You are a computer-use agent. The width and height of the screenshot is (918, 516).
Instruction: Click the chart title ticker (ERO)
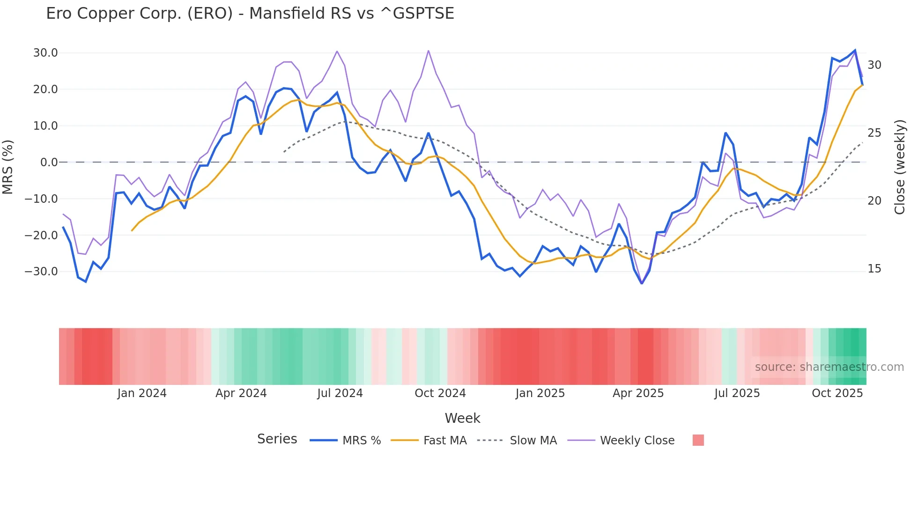pos(210,14)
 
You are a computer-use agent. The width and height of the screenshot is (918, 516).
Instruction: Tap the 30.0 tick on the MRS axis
pos(45,53)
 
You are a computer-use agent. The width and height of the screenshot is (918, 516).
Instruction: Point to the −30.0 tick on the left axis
pos(41,272)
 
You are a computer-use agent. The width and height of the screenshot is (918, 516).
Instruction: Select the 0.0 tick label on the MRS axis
pos(49,162)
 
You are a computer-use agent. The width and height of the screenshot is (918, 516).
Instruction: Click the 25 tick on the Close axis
pos(874,133)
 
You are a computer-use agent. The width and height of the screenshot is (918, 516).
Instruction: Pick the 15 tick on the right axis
pos(874,269)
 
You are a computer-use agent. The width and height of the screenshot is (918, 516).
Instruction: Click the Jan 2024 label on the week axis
pos(141,393)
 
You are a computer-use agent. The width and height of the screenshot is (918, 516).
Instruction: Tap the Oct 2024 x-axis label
pos(440,393)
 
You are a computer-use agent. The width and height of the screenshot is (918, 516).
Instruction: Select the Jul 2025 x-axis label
pos(737,393)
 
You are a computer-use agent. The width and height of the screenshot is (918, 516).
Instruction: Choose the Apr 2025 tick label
pos(638,393)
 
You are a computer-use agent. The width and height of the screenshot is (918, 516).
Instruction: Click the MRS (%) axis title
pos(8,167)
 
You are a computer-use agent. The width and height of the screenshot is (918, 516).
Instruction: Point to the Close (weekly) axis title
pos(900,167)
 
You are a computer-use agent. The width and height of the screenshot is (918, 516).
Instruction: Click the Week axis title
pos(462,418)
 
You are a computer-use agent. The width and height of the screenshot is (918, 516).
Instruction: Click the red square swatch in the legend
pos(698,440)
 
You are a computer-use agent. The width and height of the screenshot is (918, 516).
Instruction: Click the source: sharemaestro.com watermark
pos(829,367)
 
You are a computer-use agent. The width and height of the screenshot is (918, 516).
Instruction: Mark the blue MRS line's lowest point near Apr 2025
pos(642,283)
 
